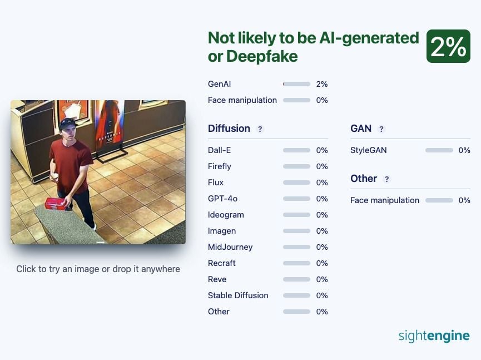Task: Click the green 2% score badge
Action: [448, 46]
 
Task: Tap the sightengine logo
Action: [434, 336]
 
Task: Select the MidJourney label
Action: [230, 247]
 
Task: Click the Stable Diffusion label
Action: [238, 295]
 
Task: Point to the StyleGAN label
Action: [369, 150]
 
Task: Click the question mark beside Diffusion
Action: [260, 129]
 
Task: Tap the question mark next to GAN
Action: [381, 129]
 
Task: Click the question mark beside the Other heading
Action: [387, 179]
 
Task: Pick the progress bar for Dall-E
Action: [296, 150]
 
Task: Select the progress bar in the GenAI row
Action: [296, 84]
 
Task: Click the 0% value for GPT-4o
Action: [322, 199]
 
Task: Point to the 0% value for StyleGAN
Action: [464, 150]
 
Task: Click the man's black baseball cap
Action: [67, 124]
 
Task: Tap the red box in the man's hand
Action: [56, 204]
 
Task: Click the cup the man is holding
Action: [55, 177]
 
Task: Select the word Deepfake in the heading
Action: [262, 56]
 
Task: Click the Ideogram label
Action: [226, 215]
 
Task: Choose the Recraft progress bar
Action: [296, 263]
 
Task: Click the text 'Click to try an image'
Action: [58, 269]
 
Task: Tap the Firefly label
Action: [219, 166]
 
